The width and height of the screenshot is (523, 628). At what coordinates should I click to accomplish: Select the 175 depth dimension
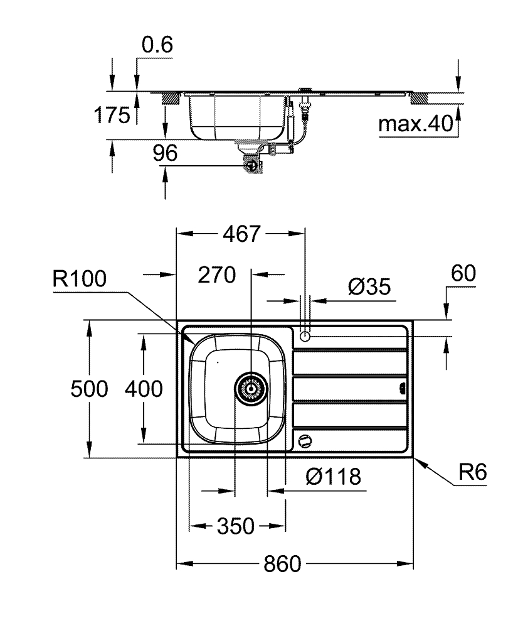[112, 115]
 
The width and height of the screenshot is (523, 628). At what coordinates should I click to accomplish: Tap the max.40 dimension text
[415, 125]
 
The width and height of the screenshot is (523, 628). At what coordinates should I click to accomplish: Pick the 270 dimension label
[216, 274]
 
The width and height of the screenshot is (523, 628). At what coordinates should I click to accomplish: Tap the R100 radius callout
[80, 279]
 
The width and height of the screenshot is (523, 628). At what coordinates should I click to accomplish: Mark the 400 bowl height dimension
[144, 389]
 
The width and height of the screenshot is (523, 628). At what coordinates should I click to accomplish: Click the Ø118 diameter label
[333, 477]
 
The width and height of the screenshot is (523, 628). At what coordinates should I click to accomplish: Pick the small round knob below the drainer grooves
[305, 440]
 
